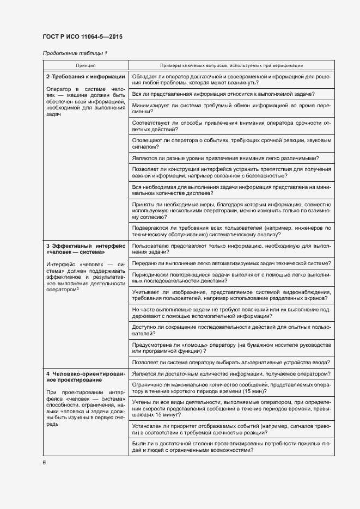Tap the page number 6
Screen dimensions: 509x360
[x=44, y=463]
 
